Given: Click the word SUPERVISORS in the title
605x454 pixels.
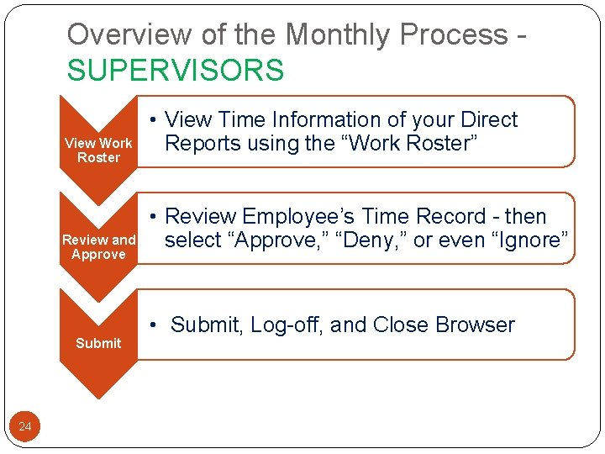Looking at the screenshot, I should pos(176,70).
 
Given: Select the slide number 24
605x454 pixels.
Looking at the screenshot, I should pos(25,427).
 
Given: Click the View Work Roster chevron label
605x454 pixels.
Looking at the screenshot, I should pos(98,150).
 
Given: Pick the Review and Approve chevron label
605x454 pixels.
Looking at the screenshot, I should pos(98,247).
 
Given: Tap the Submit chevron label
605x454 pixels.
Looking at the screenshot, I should pos(98,343).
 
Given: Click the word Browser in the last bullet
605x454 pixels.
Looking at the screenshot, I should pos(476,325).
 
